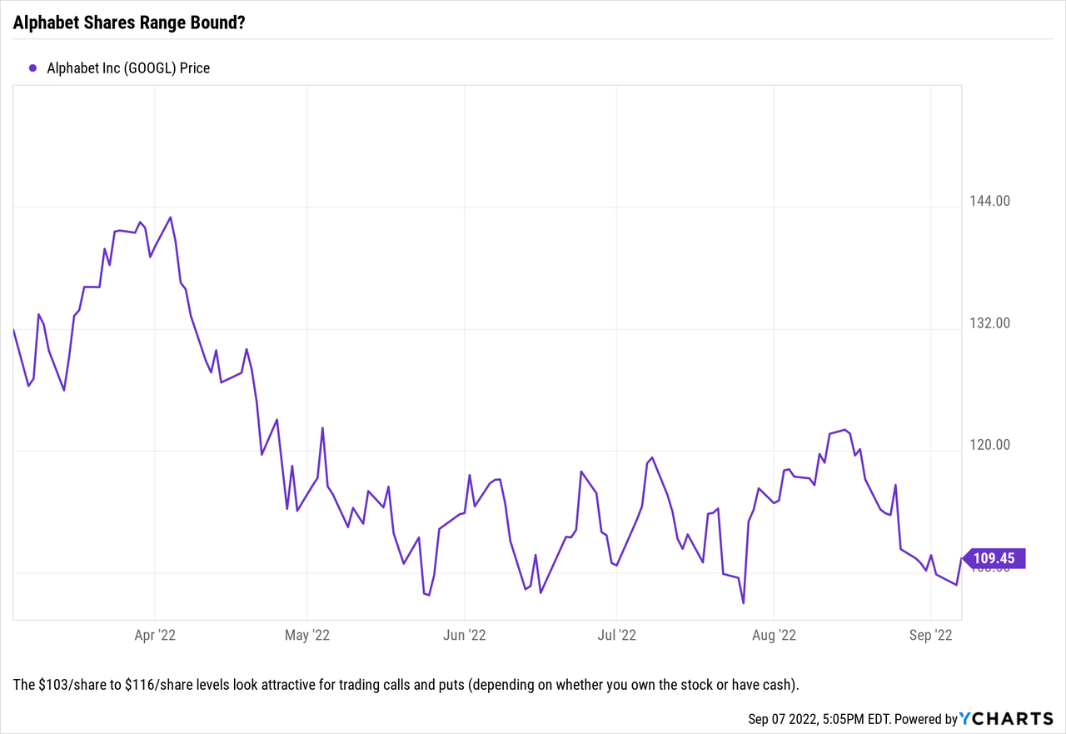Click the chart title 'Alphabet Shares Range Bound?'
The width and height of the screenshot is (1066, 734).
point(129,22)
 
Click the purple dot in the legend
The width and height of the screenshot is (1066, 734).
point(33,68)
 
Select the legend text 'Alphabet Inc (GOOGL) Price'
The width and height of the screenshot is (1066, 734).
point(128,68)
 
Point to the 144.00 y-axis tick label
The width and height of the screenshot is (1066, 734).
point(989,201)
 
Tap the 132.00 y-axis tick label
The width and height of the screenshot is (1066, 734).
point(989,323)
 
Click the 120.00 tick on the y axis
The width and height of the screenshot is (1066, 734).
point(989,445)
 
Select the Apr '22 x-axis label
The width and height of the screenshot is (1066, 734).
point(155,636)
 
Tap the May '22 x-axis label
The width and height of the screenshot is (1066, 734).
point(307,636)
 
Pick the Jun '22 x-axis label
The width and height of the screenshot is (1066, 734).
point(465,636)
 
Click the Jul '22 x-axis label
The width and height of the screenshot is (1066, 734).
point(616,636)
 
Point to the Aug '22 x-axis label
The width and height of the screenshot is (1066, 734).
point(774,636)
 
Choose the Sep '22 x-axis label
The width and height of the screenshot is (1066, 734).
point(930,636)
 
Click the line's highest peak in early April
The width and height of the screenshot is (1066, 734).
point(171,217)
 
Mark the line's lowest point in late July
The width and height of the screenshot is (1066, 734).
point(743,603)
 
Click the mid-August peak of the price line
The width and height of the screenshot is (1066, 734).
point(845,430)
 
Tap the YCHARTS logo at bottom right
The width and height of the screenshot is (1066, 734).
point(1006,719)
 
